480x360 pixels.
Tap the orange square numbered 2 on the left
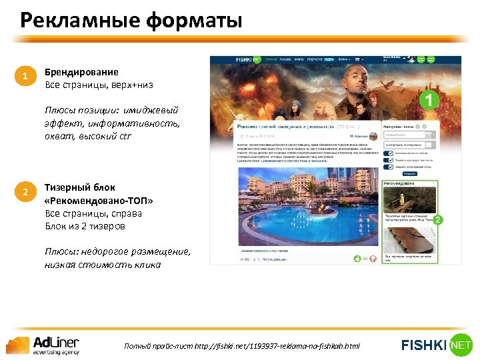point(25,193)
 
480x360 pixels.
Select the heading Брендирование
point(81,72)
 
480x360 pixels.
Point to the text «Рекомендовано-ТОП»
point(99,201)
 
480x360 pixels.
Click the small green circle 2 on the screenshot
point(438,219)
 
